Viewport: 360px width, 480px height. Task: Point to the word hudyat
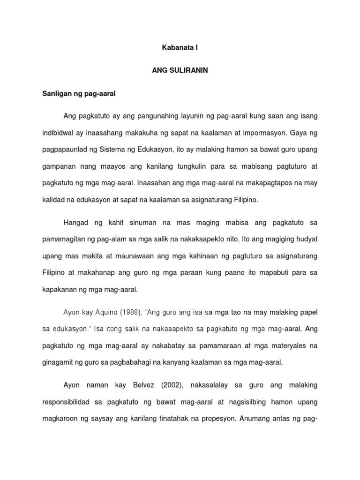tap(305, 239)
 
